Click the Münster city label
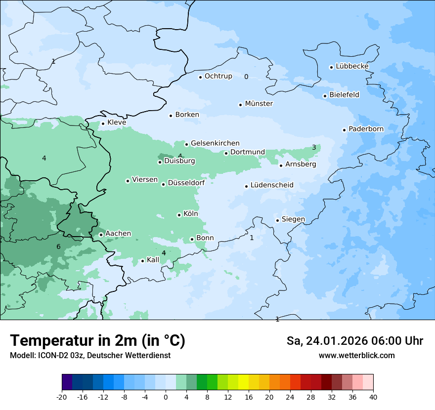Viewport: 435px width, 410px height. coord(259,104)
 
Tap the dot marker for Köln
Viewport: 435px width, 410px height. coord(179,215)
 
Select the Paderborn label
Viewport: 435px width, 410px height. coord(366,129)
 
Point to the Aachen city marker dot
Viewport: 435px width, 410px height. coord(101,235)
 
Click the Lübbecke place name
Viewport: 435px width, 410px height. coord(352,66)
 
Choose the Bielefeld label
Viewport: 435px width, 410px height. coord(344,95)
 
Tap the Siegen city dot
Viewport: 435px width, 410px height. coord(278,220)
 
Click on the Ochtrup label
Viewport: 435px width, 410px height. coord(218,76)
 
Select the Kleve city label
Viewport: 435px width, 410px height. coord(117,123)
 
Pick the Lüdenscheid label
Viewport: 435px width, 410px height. coord(272,185)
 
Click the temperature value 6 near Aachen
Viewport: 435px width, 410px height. coord(58,246)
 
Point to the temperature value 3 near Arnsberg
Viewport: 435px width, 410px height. coord(314,147)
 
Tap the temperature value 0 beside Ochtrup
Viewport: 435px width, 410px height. coord(246,77)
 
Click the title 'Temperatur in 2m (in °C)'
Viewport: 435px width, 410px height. coord(97,340)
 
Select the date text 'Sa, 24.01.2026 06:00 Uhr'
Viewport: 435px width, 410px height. coord(354,341)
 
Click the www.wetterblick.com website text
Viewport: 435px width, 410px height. coord(356,356)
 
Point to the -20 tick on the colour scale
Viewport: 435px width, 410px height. coord(62,397)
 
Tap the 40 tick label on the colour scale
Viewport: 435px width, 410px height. coord(373,397)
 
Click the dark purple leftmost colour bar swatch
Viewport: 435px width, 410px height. coord(67,382)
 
